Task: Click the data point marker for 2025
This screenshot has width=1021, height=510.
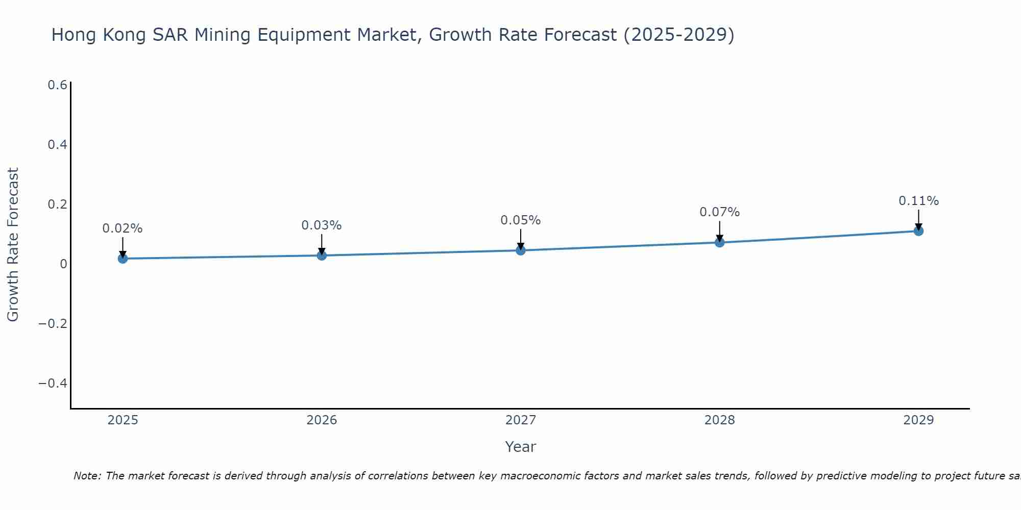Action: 123,259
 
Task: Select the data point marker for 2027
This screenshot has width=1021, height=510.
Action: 521,250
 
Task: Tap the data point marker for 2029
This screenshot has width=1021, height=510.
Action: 918,231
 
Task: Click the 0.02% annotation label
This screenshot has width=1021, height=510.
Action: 123,228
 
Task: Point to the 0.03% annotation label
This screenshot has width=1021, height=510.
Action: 322,225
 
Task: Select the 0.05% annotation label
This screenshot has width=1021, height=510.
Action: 521,220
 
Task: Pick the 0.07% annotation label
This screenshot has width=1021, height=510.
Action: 719,212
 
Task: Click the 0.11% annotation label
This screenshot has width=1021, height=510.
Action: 918,201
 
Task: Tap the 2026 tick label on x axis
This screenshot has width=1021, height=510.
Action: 322,420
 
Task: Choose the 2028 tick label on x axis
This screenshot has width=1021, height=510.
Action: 719,420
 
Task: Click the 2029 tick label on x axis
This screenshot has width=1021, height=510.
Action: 918,420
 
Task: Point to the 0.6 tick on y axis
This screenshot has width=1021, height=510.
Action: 57,85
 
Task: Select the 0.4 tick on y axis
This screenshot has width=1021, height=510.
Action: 57,145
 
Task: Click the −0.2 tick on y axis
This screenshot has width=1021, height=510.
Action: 53,324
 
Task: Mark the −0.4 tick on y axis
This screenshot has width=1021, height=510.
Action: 53,384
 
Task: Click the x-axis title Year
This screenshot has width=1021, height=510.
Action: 520,447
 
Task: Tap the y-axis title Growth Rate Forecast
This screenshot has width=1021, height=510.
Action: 13,245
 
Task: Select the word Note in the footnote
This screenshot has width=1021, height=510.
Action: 87,476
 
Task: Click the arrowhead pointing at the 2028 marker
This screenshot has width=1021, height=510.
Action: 719,239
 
